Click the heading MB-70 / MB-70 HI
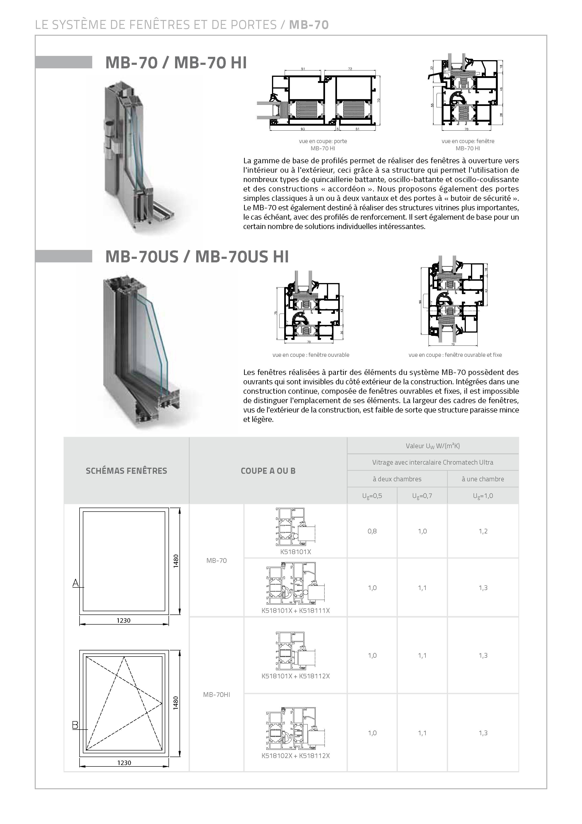tap(176, 63)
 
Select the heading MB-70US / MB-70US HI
tap(197, 257)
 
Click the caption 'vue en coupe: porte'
tap(323, 141)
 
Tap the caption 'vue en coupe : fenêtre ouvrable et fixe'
tap(455, 355)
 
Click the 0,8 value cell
tap(372, 531)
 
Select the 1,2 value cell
tap(483, 531)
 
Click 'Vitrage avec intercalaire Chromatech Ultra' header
tap(433, 462)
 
